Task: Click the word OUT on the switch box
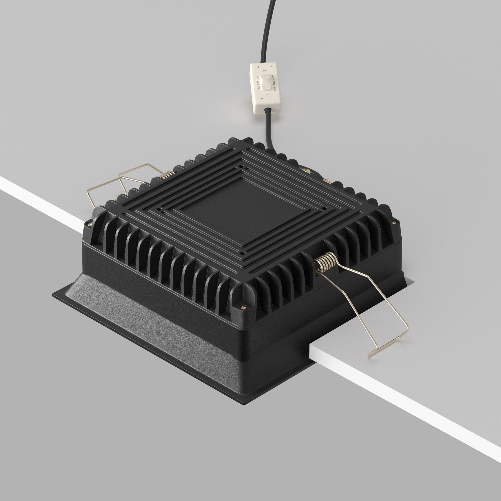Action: (265, 71)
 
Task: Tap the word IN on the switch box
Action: (267, 94)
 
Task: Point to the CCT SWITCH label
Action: (258, 83)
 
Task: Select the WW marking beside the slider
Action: (273, 78)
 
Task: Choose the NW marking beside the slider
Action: (274, 83)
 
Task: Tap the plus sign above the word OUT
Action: (259, 67)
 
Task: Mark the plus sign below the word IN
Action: (262, 99)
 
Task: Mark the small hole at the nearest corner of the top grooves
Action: (242, 252)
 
